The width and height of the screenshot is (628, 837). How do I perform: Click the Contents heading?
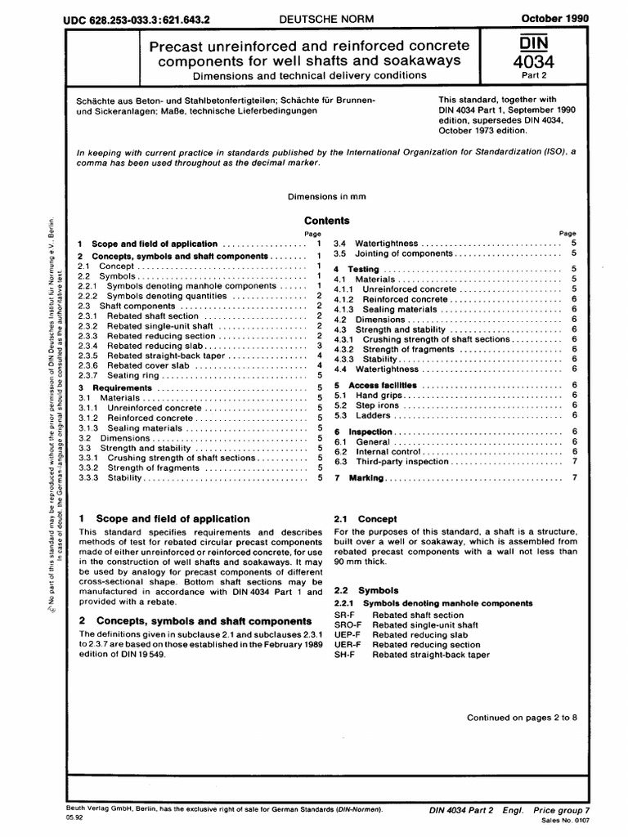327,221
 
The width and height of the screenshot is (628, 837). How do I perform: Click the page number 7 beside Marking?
576,477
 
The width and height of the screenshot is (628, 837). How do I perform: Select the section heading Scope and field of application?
173,519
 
